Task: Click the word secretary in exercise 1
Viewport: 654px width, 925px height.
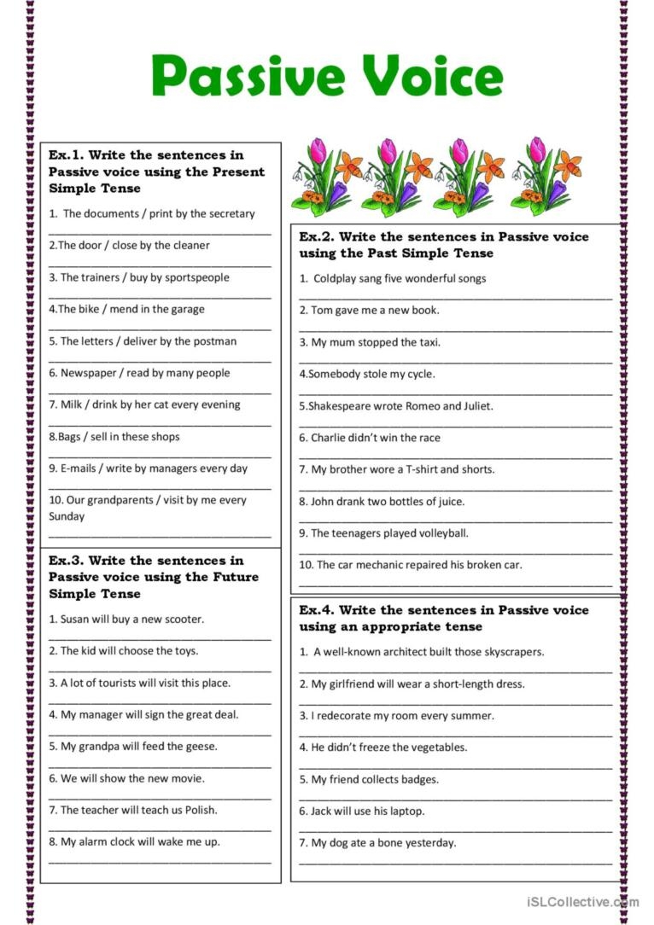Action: (229, 213)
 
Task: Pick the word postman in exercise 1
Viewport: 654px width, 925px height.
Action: (215, 341)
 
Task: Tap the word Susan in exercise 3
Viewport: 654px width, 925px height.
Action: (77, 620)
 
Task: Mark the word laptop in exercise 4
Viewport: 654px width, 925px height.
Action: (404, 812)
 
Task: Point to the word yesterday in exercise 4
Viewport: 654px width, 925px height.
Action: (429, 843)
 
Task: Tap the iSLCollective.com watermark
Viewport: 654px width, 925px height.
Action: (582, 901)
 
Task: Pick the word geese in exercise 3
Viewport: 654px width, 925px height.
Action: (201, 747)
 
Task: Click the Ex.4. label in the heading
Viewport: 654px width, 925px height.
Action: (316, 610)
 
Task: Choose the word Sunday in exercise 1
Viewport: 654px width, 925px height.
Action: (67, 516)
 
